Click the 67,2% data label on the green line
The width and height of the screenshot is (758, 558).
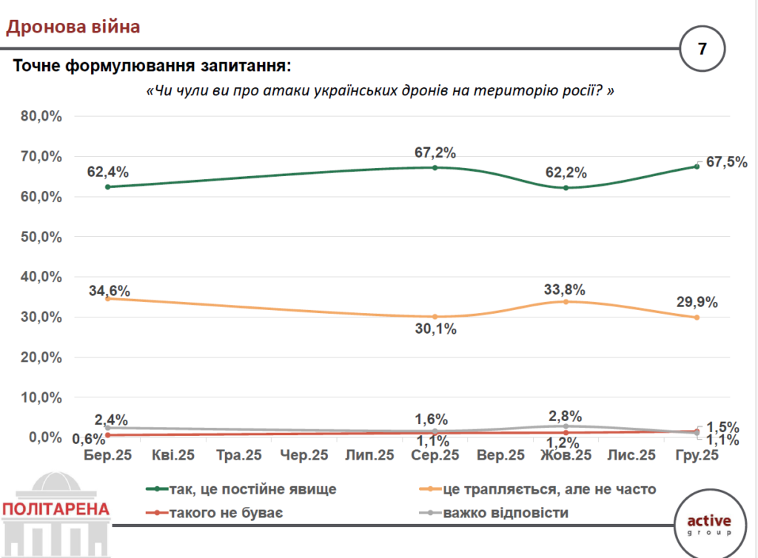pos(435,153)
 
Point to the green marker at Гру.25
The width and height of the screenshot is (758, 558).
pos(697,167)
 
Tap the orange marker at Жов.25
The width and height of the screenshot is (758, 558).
pos(566,302)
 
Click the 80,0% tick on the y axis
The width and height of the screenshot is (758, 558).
pos(41,117)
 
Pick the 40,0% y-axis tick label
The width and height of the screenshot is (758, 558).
pos(41,277)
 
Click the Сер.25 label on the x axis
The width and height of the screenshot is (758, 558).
pos(435,456)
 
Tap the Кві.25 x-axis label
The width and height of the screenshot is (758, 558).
pos(172,456)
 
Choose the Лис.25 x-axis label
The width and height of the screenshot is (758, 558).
pos(631,456)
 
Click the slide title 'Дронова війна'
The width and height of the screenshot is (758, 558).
pos(73,28)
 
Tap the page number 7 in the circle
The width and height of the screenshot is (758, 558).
pos(702,50)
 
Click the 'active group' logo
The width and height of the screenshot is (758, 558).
pos(708,523)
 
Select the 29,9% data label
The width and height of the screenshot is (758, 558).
pos(697,303)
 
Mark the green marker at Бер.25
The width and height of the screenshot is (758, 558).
pos(108,187)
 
